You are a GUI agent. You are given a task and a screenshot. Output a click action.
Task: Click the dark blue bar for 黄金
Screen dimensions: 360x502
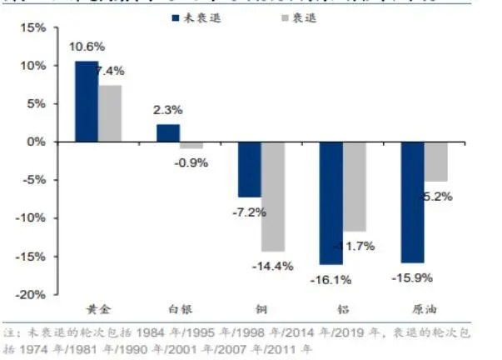[87, 101]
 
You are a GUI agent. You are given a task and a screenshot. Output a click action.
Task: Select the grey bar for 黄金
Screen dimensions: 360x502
[110, 113]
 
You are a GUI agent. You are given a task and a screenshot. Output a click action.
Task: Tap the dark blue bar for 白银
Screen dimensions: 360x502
[168, 132]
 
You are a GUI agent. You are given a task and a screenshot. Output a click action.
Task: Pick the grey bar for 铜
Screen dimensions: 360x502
[273, 196]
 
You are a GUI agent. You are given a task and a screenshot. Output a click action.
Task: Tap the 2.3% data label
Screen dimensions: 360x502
[167, 109]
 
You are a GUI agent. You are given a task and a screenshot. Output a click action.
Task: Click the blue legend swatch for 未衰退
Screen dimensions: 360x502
[176, 15]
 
